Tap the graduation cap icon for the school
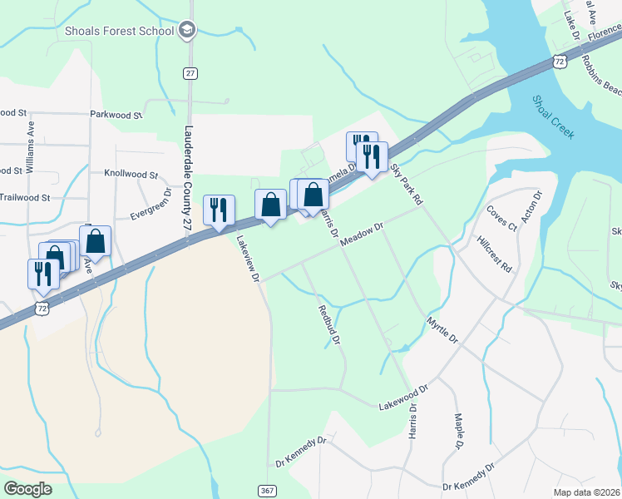[x=187, y=31]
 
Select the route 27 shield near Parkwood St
[x=190, y=73]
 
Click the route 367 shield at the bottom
[x=267, y=491]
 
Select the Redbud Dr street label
[x=329, y=324]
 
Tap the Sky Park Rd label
[x=407, y=185]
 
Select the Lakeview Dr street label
[x=248, y=260]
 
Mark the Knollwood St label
[x=131, y=175]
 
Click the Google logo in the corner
[x=28, y=488]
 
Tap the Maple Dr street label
[x=457, y=433]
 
